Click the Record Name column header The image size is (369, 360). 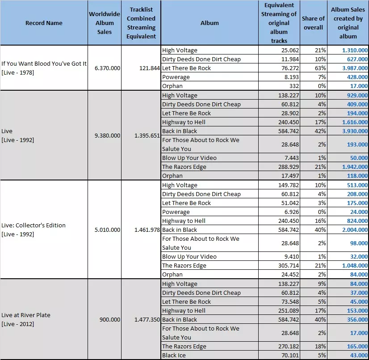44,23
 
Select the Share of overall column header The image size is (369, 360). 313,23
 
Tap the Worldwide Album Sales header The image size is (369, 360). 105,23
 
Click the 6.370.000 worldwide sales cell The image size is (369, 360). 107,68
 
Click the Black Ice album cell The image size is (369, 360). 174,355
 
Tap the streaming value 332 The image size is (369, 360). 294,86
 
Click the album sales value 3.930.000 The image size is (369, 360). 355,131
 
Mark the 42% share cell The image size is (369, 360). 320,131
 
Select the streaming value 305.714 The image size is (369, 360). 289,265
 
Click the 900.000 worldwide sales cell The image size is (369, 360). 110,319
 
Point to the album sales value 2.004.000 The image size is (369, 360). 355,230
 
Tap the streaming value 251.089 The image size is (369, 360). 289,310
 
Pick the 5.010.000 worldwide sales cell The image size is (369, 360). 107,230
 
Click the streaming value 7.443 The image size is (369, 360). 292,158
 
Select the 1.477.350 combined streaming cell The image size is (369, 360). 147,319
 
